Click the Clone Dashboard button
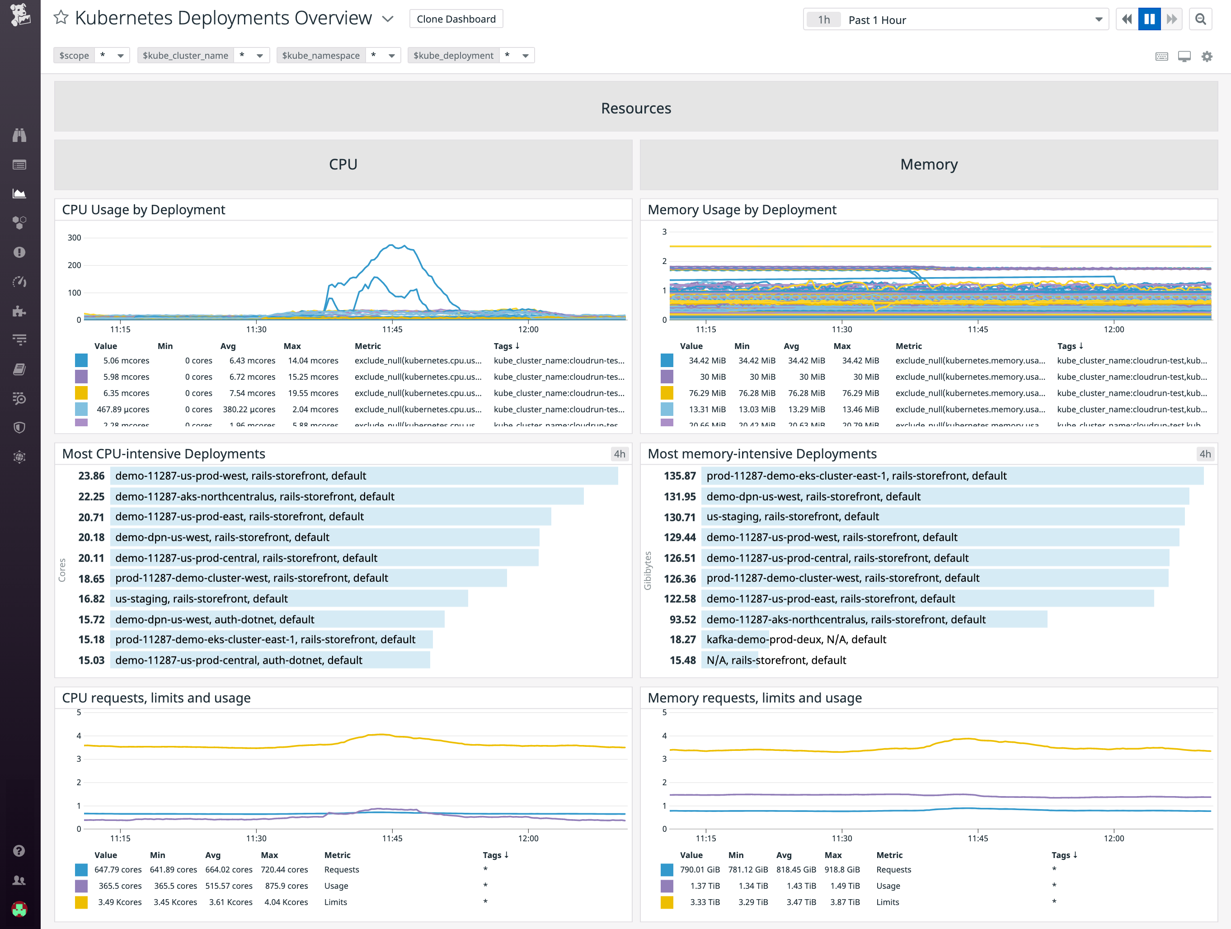tap(456, 19)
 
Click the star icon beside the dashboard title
tap(61, 18)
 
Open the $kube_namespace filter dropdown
tap(391, 56)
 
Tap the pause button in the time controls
tap(1149, 19)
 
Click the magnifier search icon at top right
tap(1200, 19)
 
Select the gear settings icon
tap(1207, 56)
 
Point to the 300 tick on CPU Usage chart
tap(75, 238)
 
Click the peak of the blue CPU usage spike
tap(392, 245)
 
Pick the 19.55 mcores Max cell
tap(313, 393)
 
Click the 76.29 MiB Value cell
tap(707, 393)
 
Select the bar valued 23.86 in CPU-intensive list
tap(364, 476)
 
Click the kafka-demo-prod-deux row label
tap(796, 640)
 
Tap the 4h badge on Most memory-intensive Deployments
tap(1205, 453)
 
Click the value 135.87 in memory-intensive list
tap(680, 476)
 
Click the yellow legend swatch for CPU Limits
tap(81, 902)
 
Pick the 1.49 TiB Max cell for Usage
tap(844, 886)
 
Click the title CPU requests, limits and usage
tap(156, 698)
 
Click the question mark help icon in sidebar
tap(19, 850)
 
